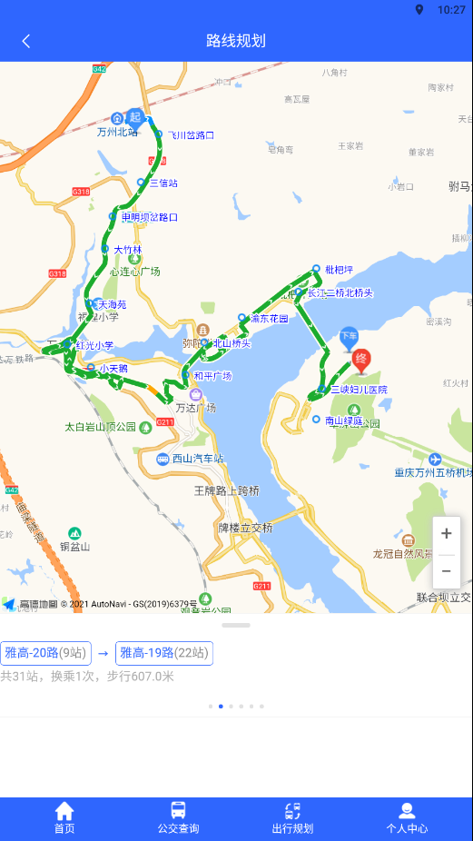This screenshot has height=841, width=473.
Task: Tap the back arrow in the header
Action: pyautogui.click(x=26, y=41)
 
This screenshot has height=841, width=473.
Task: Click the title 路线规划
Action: pyautogui.click(x=236, y=41)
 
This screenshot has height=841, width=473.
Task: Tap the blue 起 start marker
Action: pyautogui.click(x=135, y=117)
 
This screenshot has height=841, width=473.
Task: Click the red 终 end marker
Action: pyautogui.click(x=361, y=360)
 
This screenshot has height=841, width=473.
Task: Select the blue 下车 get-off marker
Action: pyautogui.click(x=349, y=337)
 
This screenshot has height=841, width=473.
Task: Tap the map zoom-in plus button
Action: pyautogui.click(x=446, y=534)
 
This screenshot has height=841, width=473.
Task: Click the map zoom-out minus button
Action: pyautogui.click(x=446, y=570)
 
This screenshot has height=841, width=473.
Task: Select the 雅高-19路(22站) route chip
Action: pyautogui.click(x=164, y=653)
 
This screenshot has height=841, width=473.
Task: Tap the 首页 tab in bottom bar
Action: pyautogui.click(x=64, y=817)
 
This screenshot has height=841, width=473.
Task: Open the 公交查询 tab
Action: pyautogui.click(x=178, y=817)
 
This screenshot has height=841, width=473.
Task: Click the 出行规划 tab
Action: pyautogui.click(x=292, y=817)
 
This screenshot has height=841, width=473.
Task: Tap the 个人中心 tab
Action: pyautogui.click(x=407, y=817)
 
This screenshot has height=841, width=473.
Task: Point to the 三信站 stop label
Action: pyautogui.click(x=163, y=183)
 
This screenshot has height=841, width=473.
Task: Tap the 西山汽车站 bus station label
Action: pyautogui.click(x=198, y=459)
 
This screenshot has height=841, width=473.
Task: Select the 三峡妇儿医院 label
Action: pyautogui.click(x=359, y=390)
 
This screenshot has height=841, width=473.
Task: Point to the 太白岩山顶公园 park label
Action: pyautogui.click(x=100, y=426)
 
